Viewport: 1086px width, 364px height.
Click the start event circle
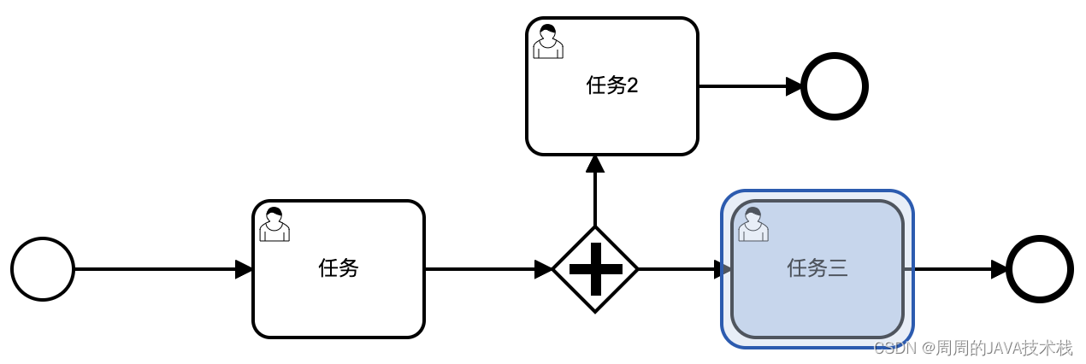pyautogui.click(x=43, y=269)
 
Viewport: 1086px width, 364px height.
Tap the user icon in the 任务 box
pyautogui.click(x=274, y=224)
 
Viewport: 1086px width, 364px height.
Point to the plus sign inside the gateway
pyautogui.click(x=595, y=269)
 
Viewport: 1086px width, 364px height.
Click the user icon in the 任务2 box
pyautogui.click(x=548, y=41)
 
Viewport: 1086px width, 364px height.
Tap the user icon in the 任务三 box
pyautogui.click(x=753, y=224)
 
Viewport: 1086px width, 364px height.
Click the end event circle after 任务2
pyautogui.click(x=835, y=86)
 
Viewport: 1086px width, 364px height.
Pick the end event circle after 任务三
pyautogui.click(x=1040, y=269)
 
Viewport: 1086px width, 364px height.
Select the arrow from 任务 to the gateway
pyautogui.click(x=487, y=269)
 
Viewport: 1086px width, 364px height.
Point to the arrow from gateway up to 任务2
pyautogui.click(x=595, y=192)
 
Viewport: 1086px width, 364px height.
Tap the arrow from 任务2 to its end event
pyautogui.click(x=749, y=86)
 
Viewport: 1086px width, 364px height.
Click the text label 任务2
pyautogui.click(x=612, y=85)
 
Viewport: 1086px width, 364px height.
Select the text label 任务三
pyautogui.click(x=817, y=268)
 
